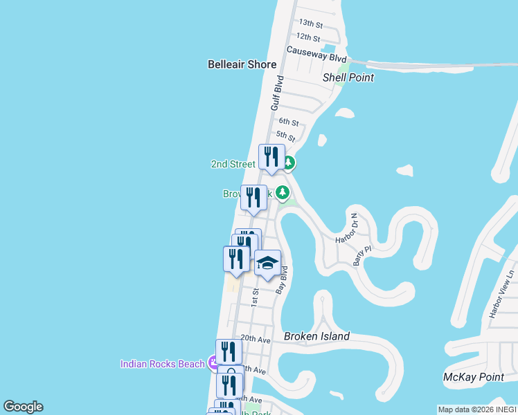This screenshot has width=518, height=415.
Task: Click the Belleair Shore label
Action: pyautogui.click(x=242, y=64)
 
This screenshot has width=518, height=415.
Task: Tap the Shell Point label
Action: pyautogui.click(x=348, y=77)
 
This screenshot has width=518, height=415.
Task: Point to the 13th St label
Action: pyautogui.click(x=311, y=24)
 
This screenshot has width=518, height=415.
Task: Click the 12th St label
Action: pyautogui.click(x=307, y=37)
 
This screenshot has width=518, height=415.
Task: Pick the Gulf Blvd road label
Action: pyautogui.click(x=277, y=93)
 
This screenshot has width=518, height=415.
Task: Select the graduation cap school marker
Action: pyautogui.click(x=267, y=264)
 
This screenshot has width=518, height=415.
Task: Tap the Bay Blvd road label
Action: pyautogui.click(x=281, y=280)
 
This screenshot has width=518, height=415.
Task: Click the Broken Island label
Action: pyautogui.click(x=316, y=336)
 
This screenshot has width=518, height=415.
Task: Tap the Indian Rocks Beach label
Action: pyautogui.click(x=163, y=364)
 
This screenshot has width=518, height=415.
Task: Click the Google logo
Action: pyautogui.click(x=23, y=407)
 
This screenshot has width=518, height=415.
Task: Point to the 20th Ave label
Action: pyautogui.click(x=255, y=340)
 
